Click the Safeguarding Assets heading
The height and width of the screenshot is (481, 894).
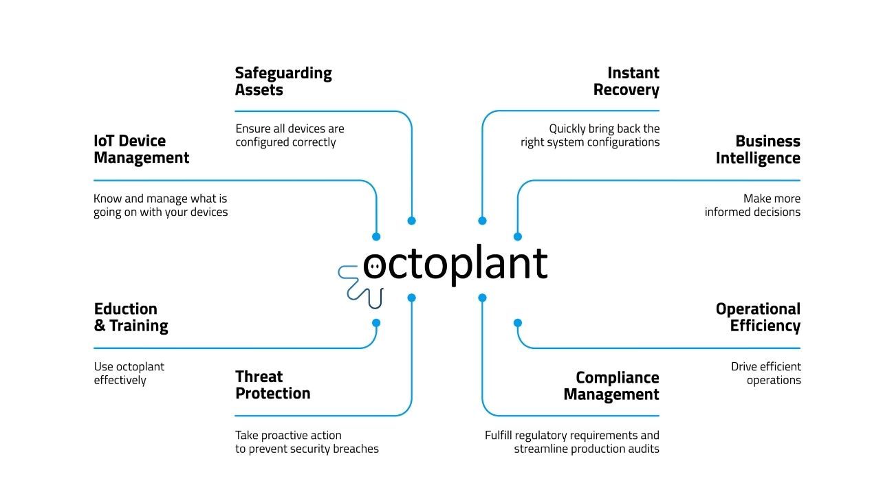(283, 81)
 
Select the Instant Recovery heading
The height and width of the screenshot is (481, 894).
(626, 81)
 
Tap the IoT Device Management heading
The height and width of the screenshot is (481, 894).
(141, 149)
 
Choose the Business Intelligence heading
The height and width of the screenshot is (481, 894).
(758, 149)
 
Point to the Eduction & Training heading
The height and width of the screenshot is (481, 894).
(131, 317)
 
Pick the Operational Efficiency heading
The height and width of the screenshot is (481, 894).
(758, 317)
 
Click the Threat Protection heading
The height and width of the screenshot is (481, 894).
(272, 385)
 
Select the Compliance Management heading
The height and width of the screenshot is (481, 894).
(611, 385)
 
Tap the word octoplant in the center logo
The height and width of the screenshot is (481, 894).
(455, 264)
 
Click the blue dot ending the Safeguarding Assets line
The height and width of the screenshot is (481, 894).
(411, 221)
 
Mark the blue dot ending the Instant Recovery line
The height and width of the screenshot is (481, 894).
(482, 221)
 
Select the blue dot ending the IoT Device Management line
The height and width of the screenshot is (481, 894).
(376, 236)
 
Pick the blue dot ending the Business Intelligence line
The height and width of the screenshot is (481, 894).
(518, 236)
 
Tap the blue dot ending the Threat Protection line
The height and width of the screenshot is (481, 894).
(411, 298)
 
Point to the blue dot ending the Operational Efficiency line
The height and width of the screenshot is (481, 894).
(518, 322)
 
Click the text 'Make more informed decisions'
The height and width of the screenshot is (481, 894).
(752, 205)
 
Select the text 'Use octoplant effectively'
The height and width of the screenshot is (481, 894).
(129, 373)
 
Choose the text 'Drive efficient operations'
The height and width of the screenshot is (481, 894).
(766, 373)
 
